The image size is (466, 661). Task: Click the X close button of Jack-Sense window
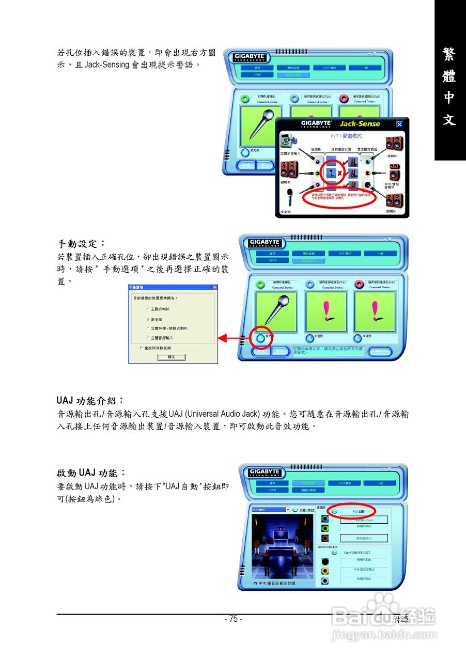pyautogui.click(x=399, y=124)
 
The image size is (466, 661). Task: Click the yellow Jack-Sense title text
pyautogui.click(x=360, y=124)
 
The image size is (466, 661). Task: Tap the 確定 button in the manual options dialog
pyautogui.click(x=171, y=357)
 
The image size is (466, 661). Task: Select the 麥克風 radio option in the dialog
pyautogui.click(x=148, y=320)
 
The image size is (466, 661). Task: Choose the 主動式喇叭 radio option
pyautogui.click(x=148, y=309)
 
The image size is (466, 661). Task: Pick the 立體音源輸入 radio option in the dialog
pyautogui.click(x=148, y=338)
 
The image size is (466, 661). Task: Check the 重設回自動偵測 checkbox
pyautogui.click(x=141, y=348)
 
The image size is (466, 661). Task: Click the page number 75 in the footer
pyautogui.click(x=233, y=619)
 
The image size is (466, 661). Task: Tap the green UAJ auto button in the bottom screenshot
pyautogui.click(x=335, y=511)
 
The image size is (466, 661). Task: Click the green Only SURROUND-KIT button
pyautogui.click(x=334, y=553)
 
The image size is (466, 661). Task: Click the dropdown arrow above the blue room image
pyautogui.click(x=288, y=510)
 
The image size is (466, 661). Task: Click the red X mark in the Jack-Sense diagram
pyautogui.click(x=339, y=174)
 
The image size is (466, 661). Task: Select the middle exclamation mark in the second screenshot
pyautogui.click(x=326, y=310)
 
